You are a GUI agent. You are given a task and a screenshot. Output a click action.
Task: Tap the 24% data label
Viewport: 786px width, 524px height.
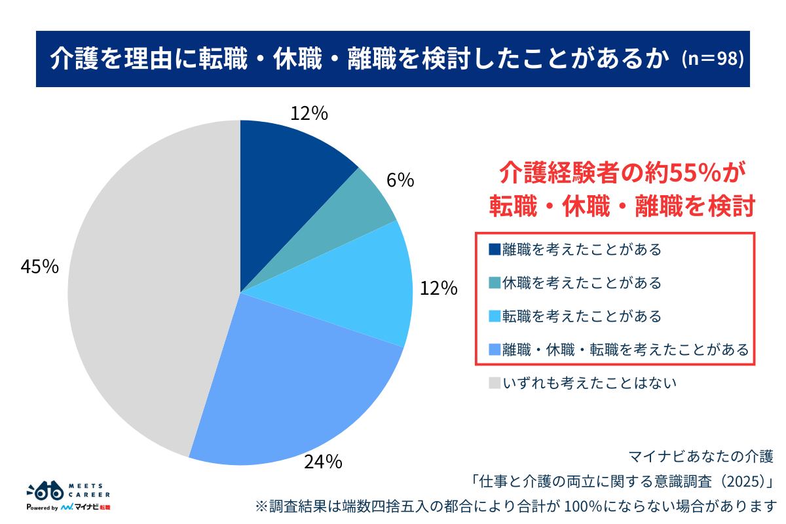(322, 462)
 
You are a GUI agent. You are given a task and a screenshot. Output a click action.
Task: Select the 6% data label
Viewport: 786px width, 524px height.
(400, 180)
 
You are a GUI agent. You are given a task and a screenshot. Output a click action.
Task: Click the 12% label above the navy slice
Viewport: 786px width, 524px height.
(309, 113)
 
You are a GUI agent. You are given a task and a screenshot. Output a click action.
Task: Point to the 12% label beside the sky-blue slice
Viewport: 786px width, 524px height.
(438, 288)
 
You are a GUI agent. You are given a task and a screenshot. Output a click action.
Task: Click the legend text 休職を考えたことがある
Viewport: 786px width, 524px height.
(582, 283)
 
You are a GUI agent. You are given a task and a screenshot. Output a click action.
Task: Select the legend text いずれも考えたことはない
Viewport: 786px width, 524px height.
(589, 383)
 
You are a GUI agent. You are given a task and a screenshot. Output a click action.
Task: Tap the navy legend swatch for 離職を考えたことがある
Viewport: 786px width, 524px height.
(495, 250)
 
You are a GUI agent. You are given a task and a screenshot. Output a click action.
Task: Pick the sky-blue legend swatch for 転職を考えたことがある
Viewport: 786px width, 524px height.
(495, 316)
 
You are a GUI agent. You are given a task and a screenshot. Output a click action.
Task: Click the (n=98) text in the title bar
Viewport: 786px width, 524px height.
(712, 59)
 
